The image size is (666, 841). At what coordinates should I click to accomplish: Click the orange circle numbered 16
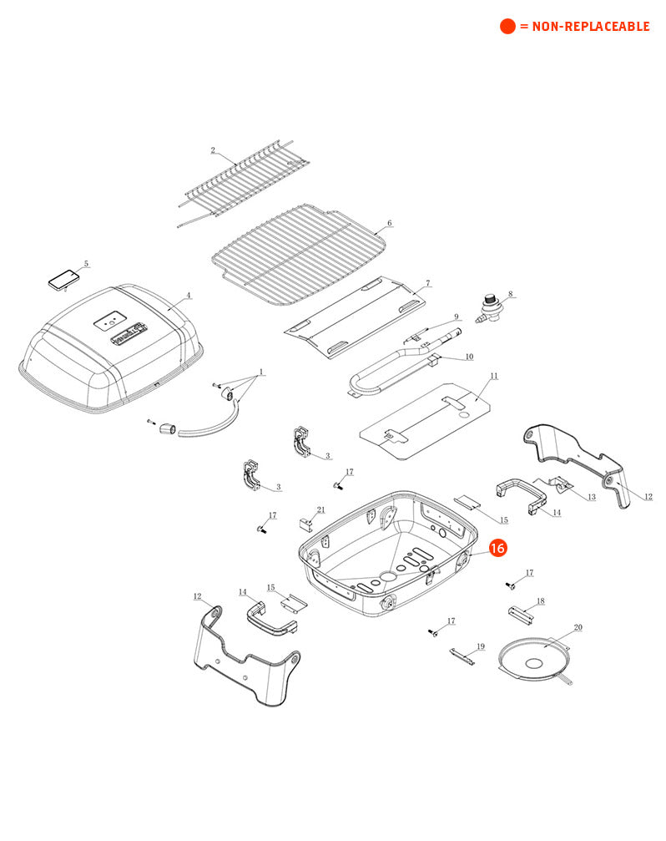click(x=497, y=548)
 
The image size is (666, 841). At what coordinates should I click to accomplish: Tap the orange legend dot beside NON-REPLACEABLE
click(x=507, y=26)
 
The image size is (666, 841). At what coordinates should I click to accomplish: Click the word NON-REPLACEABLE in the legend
click(x=591, y=26)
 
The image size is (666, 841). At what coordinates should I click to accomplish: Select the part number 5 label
click(x=86, y=264)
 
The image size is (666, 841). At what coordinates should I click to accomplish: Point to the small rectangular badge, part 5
click(x=63, y=279)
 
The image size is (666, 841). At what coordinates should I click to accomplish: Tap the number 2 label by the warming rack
click(x=213, y=150)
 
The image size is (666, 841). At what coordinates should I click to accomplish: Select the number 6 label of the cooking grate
click(x=390, y=223)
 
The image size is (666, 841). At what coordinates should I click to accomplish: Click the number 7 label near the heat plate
click(x=427, y=282)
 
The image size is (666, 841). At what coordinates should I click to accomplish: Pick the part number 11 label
click(x=494, y=376)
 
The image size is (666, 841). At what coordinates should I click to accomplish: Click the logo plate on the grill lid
click(x=128, y=333)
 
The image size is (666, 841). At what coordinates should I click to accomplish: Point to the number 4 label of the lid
click(x=188, y=295)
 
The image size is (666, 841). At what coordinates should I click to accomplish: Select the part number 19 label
click(x=481, y=647)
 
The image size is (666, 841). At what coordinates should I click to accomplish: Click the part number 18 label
click(x=541, y=601)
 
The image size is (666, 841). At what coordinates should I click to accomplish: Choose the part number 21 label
click(x=321, y=510)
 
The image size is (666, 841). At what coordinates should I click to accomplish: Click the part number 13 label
click(x=592, y=497)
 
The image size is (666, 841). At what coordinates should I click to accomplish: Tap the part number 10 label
click(x=469, y=357)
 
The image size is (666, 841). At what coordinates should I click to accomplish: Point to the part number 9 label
click(x=457, y=317)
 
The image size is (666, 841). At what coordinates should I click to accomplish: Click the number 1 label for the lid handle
click(x=261, y=372)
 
